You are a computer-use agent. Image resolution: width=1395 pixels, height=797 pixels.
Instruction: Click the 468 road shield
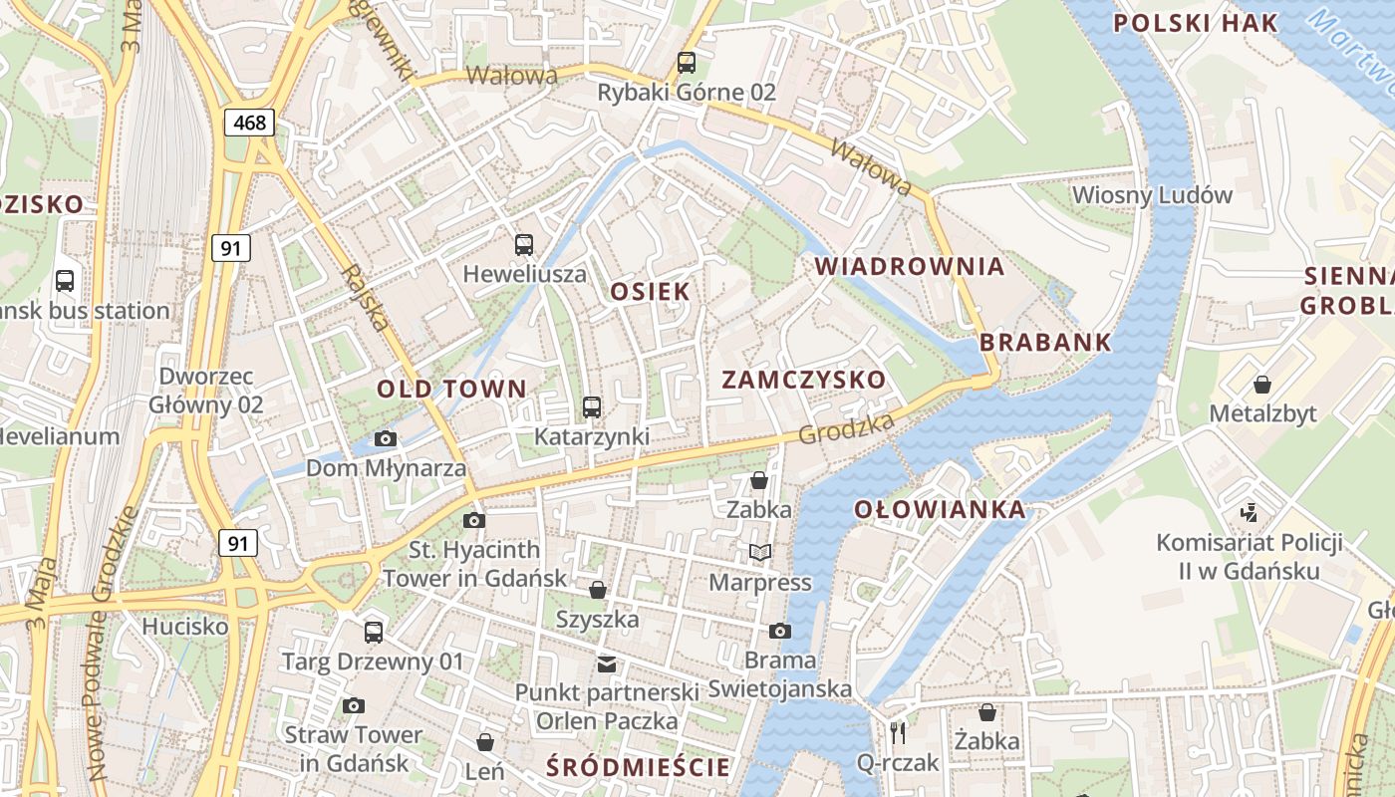[249, 123]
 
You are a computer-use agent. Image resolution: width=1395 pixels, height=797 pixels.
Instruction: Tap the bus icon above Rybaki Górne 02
[687, 63]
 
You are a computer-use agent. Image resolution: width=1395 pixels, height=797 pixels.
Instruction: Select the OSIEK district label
[650, 292]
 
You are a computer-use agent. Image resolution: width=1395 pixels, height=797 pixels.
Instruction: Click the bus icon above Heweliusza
[524, 245]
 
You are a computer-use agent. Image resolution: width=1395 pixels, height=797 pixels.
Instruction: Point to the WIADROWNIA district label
[910, 267]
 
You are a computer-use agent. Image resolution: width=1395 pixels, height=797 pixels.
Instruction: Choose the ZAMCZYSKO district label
[803, 380]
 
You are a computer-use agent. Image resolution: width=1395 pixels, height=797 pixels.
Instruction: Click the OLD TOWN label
[451, 390]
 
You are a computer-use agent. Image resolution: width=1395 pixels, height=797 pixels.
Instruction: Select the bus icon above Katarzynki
[592, 407]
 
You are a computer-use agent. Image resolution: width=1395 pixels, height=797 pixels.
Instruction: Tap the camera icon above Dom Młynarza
[386, 439]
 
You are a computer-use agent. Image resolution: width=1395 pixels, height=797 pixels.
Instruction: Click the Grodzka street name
[846, 428]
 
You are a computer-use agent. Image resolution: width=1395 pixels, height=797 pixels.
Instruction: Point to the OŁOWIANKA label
[940, 510]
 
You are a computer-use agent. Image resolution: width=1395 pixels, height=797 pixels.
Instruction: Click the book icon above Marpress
[760, 552]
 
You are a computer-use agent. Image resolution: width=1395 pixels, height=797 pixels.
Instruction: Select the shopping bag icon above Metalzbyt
[1262, 385]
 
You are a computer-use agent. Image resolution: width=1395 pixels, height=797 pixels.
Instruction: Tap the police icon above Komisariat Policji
[1249, 513]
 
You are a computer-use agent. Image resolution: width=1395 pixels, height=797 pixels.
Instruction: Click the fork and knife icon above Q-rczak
[898, 733]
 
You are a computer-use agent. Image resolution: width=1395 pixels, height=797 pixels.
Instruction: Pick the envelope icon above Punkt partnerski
[606, 664]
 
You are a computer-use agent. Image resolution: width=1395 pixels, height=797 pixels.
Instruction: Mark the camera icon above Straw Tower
[354, 706]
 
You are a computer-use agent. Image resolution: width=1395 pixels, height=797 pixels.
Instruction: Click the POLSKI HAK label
[1195, 24]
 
